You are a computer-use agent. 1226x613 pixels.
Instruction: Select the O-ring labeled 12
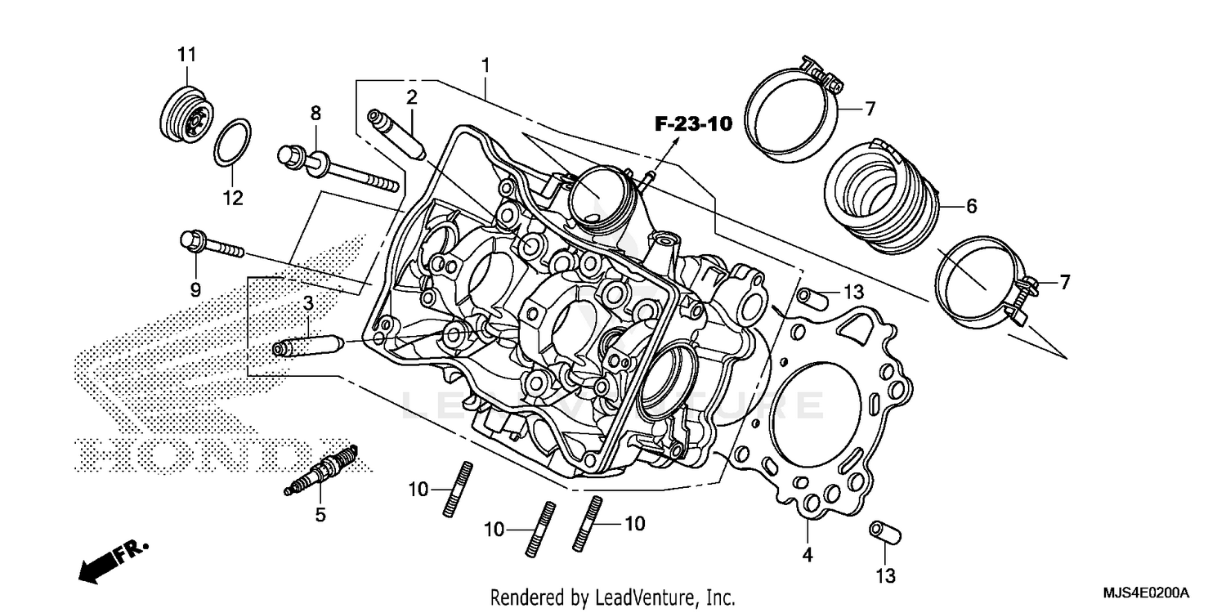pos(233,141)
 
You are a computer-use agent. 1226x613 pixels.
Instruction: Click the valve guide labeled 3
pos(309,344)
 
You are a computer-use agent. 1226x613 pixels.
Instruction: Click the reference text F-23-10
pos(692,124)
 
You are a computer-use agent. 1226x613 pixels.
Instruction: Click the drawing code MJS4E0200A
pos(1143,592)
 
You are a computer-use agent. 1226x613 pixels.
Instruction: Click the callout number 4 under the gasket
pos(808,556)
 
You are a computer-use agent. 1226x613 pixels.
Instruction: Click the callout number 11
pos(187,55)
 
